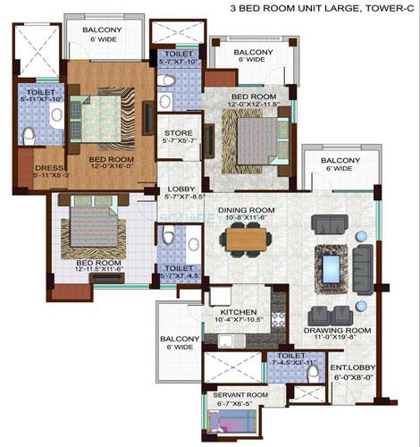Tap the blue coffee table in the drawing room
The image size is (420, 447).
[x=333, y=267]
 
